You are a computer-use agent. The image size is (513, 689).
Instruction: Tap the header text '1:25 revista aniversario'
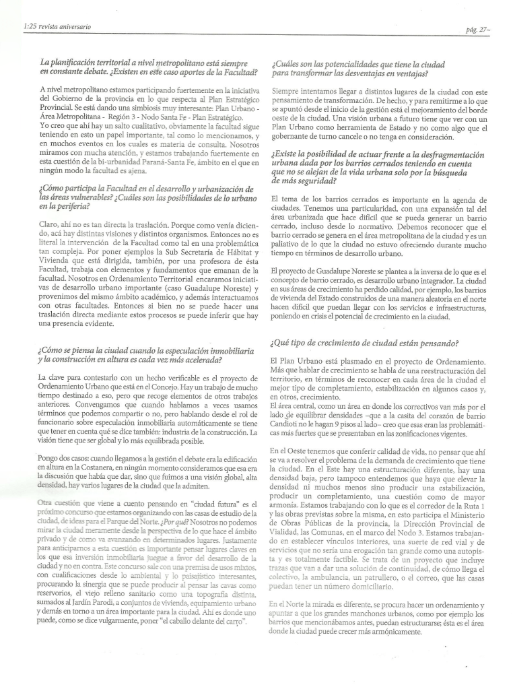pyautogui.click(x=57, y=27)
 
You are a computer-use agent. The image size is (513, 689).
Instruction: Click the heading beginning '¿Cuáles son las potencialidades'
pyautogui.click(x=358, y=65)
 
